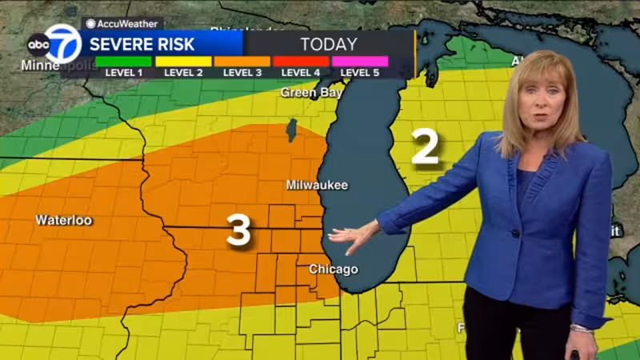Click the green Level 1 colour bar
pyautogui.click(x=123, y=61)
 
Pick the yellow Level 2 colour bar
pyautogui.click(x=183, y=61)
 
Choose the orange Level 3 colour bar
pyautogui.click(x=242, y=61)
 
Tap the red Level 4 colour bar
pyautogui.click(x=301, y=61)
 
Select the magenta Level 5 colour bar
pyautogui.click(x=360, y=61)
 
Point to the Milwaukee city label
pyautogui.click(x=317, y=185)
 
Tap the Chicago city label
pyautogui.click(x=333, y=269)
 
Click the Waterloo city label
pyautogui.click(x=63, y=220)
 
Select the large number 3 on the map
pyautogui.click(x=238, y=230)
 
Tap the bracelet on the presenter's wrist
pyautogui.click(x=582, y=328)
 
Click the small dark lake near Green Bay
pyautogui.click(x=292, y=130)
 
